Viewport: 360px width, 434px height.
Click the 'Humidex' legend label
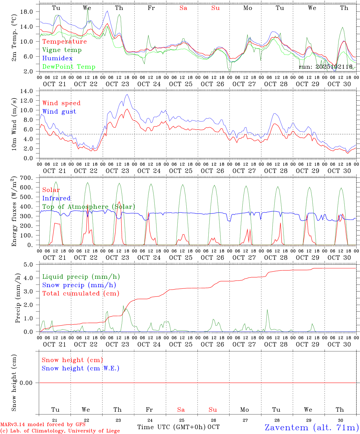pyautogui.click(x=57, y=58)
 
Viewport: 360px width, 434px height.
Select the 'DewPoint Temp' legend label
pyautogui.click(x=69, y=67)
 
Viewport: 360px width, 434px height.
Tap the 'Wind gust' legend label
pyautogui.click(x=59, y=112)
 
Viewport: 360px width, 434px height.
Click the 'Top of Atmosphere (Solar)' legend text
pyautogui.click(x=89, y=207)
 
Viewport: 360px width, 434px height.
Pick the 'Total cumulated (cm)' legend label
pyautogui.click(x=81, y=293)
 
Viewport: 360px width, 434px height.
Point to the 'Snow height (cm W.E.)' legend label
pyautogui.click(x=81, y=368)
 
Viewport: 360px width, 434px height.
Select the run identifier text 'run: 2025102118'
pyautogui.click(x=326, y=67)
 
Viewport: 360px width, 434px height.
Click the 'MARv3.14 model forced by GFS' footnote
pyautogui.click(x=43, y=424)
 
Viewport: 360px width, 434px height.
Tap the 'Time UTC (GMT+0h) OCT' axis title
pyautogui.click(x=178, y=427)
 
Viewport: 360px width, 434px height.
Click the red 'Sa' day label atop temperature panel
pyautogui.click(x=183, y=8)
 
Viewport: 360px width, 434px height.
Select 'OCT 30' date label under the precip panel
pyautogui.click(x=339, y=344)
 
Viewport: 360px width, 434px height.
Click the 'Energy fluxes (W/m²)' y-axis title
pyautogui.click(x=14, y=212)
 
